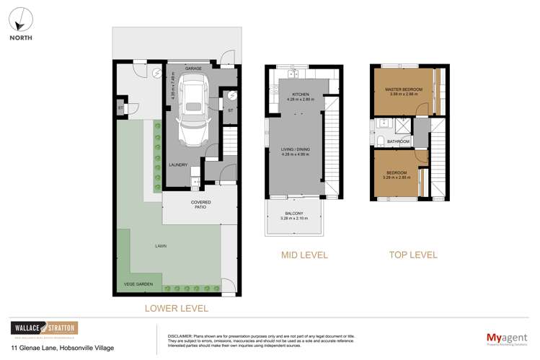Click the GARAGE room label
coord(192,69)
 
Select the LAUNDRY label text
coord(178,164)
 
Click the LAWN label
coord(160,246)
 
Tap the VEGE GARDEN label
coord(138,284)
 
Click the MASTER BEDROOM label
coord(405,89)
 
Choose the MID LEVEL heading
coord(304,255)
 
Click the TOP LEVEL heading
coord(413,255)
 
